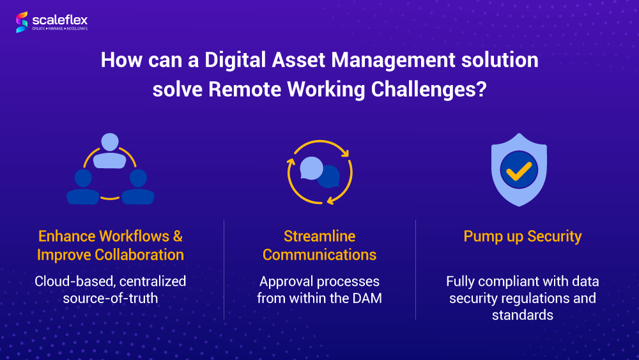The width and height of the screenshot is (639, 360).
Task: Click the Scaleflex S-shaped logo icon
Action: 22,22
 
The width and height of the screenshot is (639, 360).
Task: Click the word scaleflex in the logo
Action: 60,20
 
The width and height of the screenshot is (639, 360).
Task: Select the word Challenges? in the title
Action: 429,90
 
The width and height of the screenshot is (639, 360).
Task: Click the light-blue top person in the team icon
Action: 110,151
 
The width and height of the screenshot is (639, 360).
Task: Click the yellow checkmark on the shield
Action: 519,171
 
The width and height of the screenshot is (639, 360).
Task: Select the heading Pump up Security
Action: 523,237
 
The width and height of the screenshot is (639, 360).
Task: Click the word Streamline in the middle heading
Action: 319,236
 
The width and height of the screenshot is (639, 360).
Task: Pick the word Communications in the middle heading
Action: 319,254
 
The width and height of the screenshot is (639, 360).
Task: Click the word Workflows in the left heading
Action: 134,236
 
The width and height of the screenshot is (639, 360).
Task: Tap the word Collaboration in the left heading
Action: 139,254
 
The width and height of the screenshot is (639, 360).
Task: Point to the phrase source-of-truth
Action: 111,298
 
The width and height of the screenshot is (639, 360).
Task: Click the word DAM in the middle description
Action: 367,298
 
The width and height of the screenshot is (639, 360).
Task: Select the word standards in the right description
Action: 523,315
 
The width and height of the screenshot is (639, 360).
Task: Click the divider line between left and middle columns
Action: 224,269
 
